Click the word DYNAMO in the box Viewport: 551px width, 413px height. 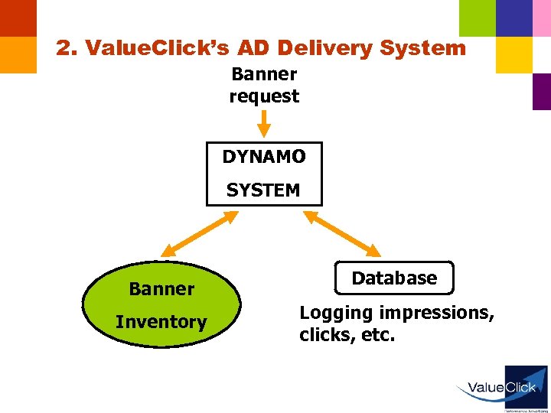click(x=264, y=157)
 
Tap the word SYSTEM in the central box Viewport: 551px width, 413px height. click(x=264, y=190)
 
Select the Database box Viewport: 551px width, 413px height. click(x=394, y=278)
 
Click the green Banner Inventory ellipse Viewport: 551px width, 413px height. click(x=161, y=305)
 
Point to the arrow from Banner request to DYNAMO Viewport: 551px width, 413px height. click(x=264, y=123)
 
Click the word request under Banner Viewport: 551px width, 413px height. click(x=264, y=96)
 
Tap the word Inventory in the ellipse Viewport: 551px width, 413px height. click(x=161, y=322)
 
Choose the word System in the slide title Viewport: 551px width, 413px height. click(x=422, y=48)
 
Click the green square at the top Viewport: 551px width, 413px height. click(x=477, y=18)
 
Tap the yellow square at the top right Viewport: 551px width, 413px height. click(x=514, y=54)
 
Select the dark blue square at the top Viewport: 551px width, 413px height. click(x=514, y=18)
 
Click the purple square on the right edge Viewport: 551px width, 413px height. click(x=542, y=91)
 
